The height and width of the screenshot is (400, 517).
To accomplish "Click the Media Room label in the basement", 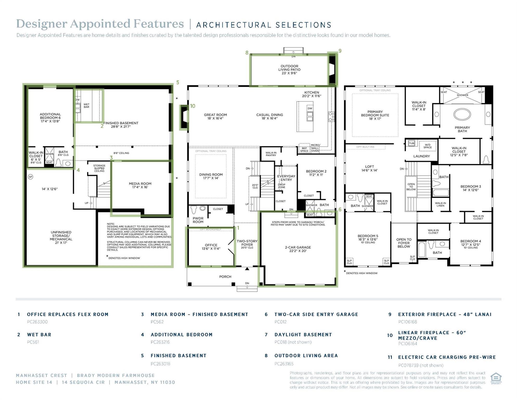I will tap(140, 185).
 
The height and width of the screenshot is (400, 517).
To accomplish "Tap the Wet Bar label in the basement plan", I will tap(86, 106).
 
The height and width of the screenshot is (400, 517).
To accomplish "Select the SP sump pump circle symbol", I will tap(30, 177).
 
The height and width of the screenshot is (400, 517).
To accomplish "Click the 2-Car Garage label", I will tap(298, 249).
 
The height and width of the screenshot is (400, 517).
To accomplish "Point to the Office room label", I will tap(211, 247).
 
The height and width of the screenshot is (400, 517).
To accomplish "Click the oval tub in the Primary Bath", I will tap(462, 115).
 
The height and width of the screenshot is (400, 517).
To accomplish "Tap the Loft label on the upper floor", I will tap(369, 168).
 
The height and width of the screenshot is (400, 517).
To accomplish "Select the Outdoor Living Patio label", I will tap(289, 70).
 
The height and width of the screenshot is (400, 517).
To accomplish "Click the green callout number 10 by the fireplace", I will tap(192, 106).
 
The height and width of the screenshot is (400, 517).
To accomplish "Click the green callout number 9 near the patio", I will tap(340, 51).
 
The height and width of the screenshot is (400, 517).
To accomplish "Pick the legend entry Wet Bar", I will tap(39, 335).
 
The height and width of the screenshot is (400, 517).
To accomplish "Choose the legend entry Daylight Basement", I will tap(303, 335).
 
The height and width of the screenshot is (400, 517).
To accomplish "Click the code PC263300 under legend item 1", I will tap(37, 322).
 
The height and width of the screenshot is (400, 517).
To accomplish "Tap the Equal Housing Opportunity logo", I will tap(496, 378).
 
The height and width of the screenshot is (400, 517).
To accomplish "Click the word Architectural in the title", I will tap(231, 25).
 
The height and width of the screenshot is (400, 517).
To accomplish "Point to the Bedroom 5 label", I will tap(368, 238).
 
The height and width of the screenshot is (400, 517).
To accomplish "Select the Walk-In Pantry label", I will tap(271, 154).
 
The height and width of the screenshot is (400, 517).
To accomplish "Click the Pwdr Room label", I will tap(198, 220).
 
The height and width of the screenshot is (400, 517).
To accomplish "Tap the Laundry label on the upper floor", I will tap(421, 156).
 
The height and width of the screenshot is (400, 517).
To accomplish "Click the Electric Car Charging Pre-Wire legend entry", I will tap(447, 357).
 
